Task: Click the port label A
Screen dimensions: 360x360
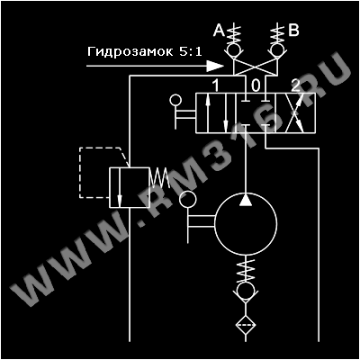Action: point(219,31)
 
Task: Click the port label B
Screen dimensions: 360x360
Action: point(293,31)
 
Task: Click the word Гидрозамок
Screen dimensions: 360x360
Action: point(130,51)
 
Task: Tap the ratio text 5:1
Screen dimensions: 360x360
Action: point(191,51)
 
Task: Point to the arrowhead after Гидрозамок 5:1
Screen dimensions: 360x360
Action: point(215,66)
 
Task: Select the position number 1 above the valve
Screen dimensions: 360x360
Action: point(215,86)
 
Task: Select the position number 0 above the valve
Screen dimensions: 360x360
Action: point(256,86)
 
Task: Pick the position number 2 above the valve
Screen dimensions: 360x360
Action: point(295,86)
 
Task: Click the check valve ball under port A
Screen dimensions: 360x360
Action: point(234,49)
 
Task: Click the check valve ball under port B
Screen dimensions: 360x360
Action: point(276,49)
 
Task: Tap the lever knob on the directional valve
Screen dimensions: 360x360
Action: point(175,100)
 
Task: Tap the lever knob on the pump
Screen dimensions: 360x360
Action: point(188,199)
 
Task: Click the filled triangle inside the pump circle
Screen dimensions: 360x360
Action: point(246,200)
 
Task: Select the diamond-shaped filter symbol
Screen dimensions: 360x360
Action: point(246,326)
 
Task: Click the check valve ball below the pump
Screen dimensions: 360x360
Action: point(246,291)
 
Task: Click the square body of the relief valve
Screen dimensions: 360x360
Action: point(129,187)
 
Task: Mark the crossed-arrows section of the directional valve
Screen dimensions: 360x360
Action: point(295,112)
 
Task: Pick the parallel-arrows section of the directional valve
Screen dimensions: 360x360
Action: point(216,112)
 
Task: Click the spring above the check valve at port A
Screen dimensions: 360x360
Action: point(234,34)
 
